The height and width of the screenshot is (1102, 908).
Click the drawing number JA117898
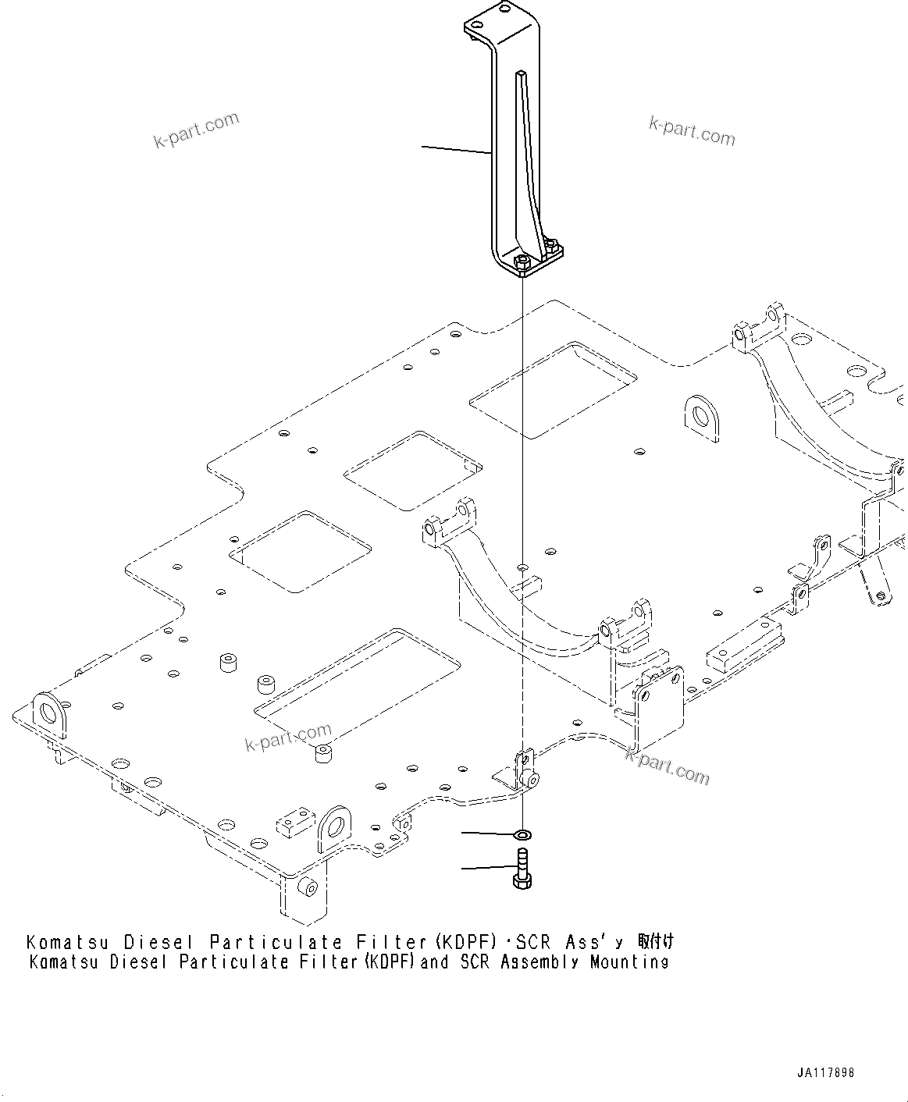click(825, 1072)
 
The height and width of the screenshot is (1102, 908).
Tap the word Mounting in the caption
click(629, 962)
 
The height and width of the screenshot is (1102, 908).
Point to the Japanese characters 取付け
click(655, 940)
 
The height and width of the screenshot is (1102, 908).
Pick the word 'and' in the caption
click(434, 962)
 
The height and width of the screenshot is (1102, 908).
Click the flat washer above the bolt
click(522, 836)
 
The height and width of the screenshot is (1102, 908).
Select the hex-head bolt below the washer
click(522, 869)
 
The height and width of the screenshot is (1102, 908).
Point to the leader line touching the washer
click(488, 834)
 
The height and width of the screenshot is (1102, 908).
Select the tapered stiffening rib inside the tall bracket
click(528, 156)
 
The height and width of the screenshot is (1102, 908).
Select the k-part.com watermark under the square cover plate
click(668, 764)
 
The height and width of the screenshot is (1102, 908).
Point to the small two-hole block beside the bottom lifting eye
click(290, 825)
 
